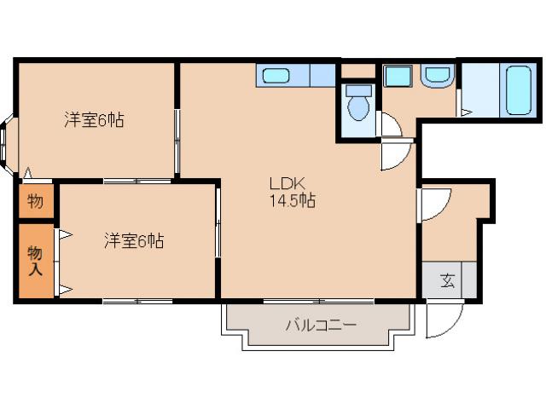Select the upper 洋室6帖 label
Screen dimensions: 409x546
[94, 120]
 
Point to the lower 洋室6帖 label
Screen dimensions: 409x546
[134, 241]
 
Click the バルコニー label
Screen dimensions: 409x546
[320, 325]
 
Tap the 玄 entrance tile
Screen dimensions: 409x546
[448, 280]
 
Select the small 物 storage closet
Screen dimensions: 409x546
[35, 202]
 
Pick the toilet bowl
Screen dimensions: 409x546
[360, 107]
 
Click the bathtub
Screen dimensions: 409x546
[519, 90]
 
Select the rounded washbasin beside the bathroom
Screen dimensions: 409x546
[437, 77]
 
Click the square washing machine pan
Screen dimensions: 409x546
[398, 76]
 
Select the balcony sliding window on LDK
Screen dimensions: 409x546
[317, 301]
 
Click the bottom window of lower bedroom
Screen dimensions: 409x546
[136, 301]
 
